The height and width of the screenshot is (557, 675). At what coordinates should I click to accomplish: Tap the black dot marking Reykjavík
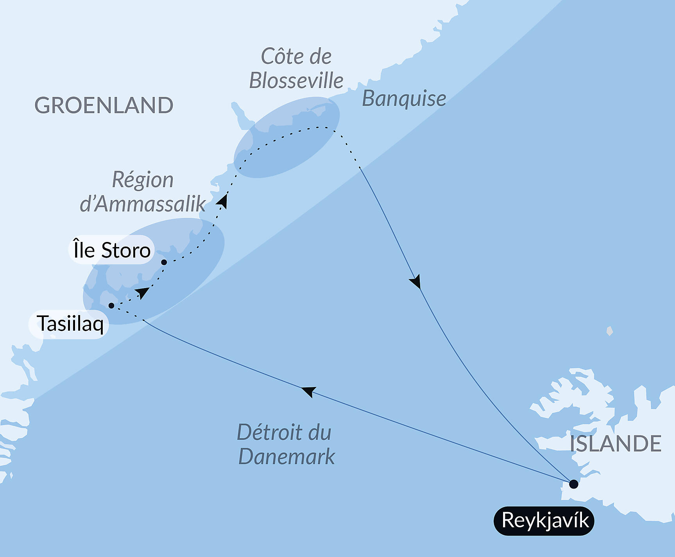pyautogui.click(x=573, y=484)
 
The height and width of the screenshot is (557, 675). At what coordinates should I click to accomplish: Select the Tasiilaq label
pyautogui.click(x=70, y=324)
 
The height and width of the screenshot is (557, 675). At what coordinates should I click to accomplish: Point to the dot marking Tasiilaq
pyautogui.click(x=111, y=306)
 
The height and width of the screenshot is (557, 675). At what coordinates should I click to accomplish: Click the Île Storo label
pyautogui.click(x=112, y=250)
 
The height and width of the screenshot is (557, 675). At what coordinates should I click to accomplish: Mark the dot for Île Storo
pyautogui.click(x=164, y=262)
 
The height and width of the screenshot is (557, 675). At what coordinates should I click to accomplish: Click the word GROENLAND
pyautogui.click(x=104, y=106)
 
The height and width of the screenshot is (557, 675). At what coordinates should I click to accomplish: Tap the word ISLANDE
pyautogui.click(x=615, y=443)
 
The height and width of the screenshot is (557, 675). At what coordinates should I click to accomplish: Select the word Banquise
pyautogui.click(x=404, y=99)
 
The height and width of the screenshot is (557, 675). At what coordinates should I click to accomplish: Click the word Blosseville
pyautogui.click(x=296, y=81)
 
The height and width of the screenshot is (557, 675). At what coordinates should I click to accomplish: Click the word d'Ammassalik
pyautogui.click(x=143, y=204)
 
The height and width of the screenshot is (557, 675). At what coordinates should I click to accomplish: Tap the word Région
pyautogui.click(x=143, y=180)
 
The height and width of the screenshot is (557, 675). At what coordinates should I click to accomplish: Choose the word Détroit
pyautogui.click(x=270, y=432)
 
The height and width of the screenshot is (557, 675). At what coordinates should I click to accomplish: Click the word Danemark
pyautogui.click(x=286, y=456)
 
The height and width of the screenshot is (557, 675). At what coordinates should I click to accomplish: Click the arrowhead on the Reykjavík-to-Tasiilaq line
pyautogui.click(x=309, y=391)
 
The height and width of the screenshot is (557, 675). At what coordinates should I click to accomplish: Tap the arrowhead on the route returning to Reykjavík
pyautogui.click(x=415, y=281)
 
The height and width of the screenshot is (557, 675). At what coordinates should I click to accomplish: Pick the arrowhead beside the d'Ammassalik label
pyautogui.click(x=222, y=201)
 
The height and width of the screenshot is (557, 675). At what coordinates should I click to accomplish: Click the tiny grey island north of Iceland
pyautogui.click(x=609, y=331)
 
